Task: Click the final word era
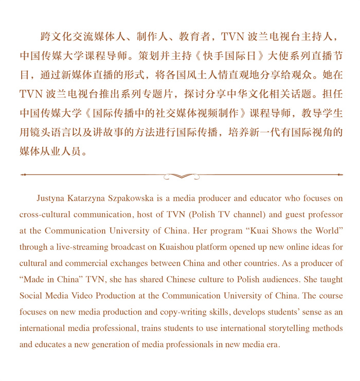pyautogui.click(x=272, y=344)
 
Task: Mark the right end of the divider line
pyautogui.click(x=340, y=175)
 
